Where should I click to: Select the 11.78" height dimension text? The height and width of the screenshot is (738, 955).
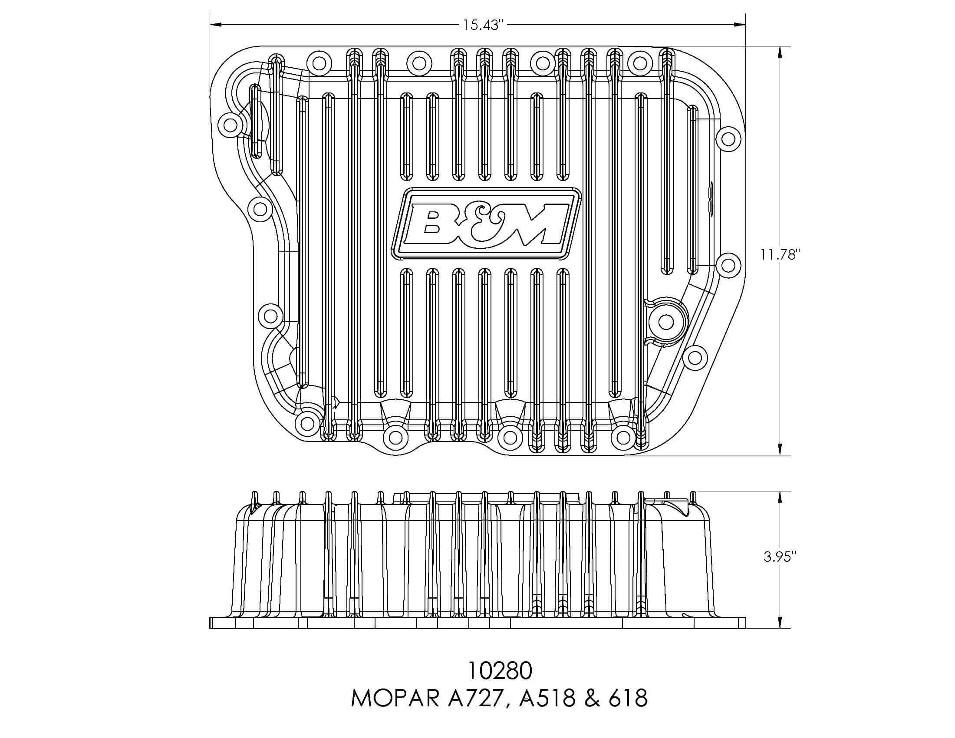(780, 254)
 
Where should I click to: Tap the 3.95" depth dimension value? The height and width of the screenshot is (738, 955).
(780, 557)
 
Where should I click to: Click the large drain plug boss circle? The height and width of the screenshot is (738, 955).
(665, 322)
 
